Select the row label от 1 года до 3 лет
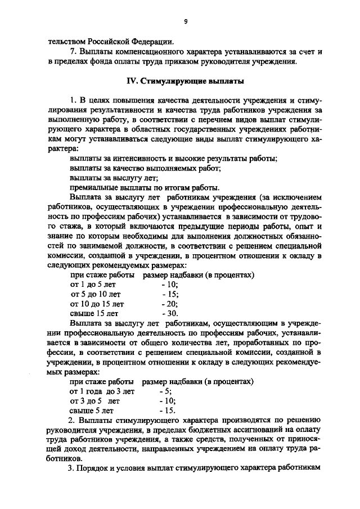102,391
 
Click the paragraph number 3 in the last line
70,469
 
